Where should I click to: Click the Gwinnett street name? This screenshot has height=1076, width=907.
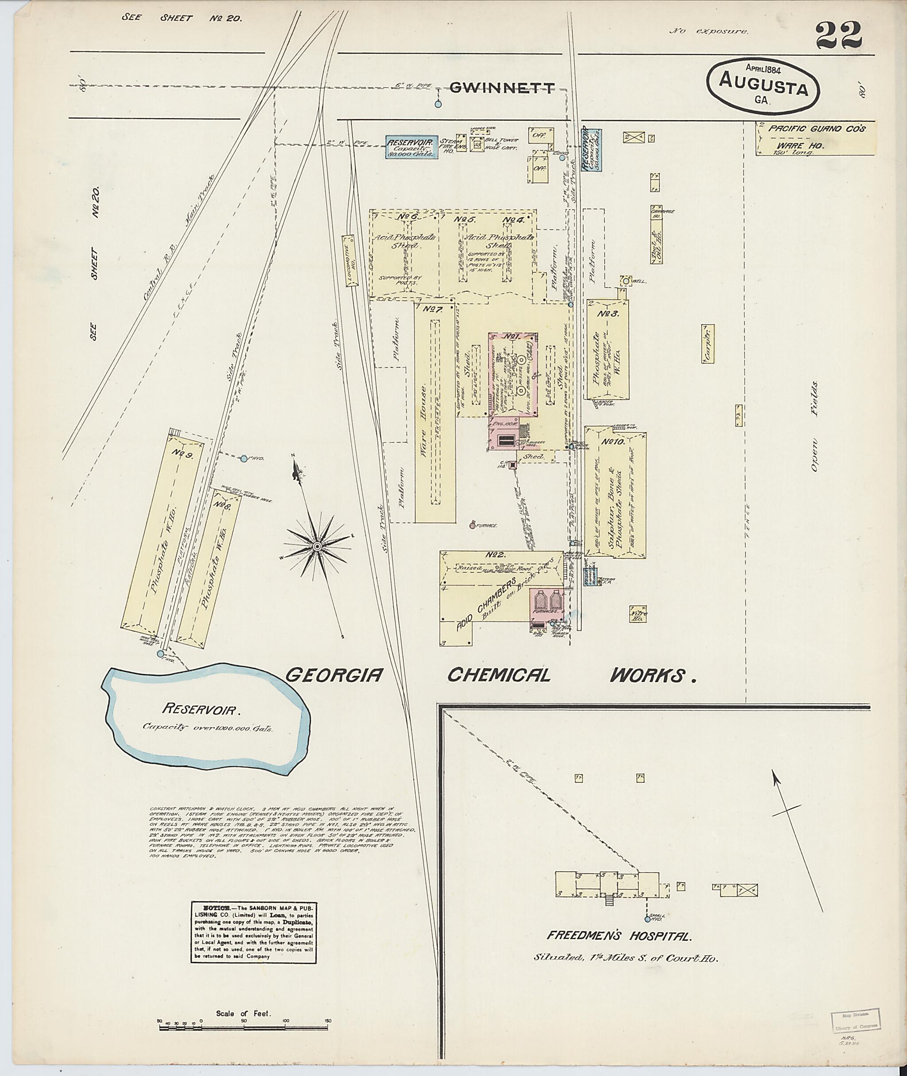click(x=502, y=89)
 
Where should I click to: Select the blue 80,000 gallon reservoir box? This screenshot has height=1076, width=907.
click(x=412, y=147)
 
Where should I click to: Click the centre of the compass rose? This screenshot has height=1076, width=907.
click(x=318, y=546)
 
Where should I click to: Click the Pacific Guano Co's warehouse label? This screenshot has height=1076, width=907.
click(x=817, y=128)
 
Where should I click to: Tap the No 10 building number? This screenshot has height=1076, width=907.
click(x=612, y=441)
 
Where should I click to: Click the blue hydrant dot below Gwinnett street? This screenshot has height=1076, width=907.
click(x=438, y=105)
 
